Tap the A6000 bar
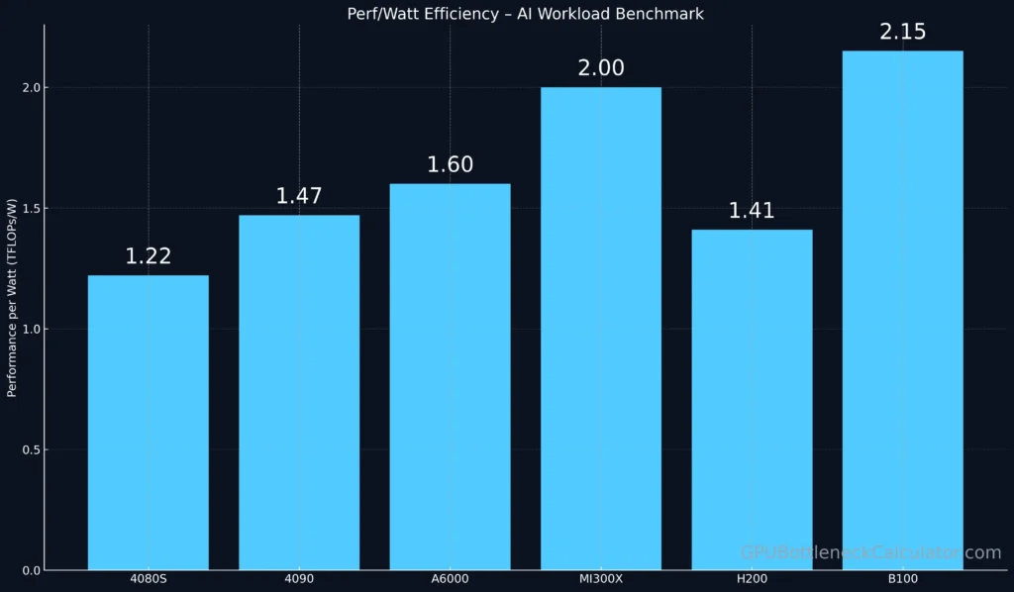[450, 376]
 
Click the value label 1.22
[148, 256]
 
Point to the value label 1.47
[299, 196]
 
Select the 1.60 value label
[450, 164]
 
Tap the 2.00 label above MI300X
[600, 68]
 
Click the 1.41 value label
[752, 210]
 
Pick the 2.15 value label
[902, 32]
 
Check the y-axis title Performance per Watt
[13, 297]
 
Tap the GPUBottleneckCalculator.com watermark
[870, 552]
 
